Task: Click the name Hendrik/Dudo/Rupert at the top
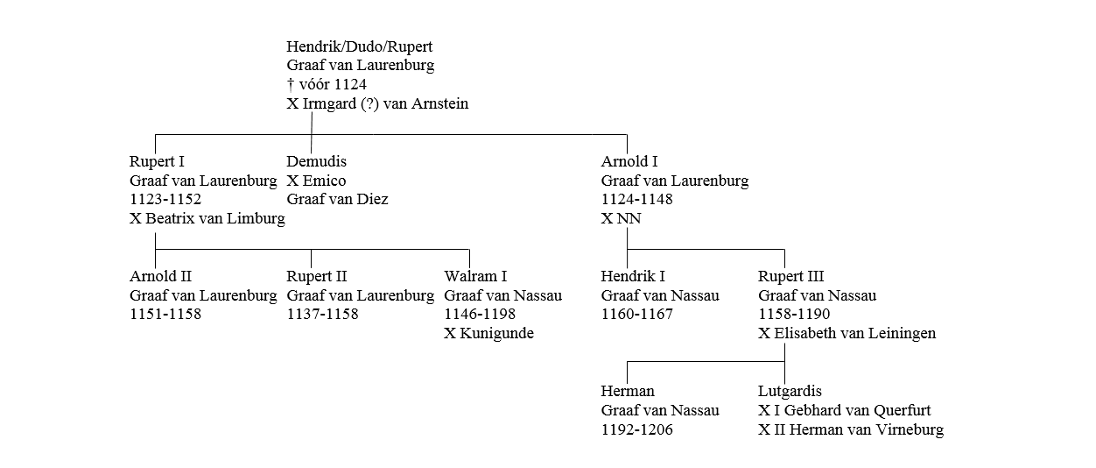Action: pyautogui.click(x=359, y=46)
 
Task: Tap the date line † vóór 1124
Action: pyautogui.click(x=327, y=85)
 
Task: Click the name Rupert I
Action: pyautogui.click(x=157, y=161)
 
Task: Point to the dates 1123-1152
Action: pyautogui.click(x=165, y=200)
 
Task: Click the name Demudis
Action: pyautogui.click(x=316, y=161)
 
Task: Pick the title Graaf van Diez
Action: pyautogui.click(x=337, y=200)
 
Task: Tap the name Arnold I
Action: pyautogui.click(x=629, y=161)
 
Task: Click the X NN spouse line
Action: pyautogui.click(x=621, y=219)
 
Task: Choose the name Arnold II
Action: pyautogui.click(x=160, y=276)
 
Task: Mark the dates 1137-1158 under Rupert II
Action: pyautogui.click(x=322, y=315)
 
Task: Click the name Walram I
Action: pyautogui.click(x=475, y=276)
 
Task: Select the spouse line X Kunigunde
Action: pyautogui.click(x=488, y=334)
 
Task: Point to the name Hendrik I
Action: pyautogui.click(x=633, y=276)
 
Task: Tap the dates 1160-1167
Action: pyautogui.click(x=636, y=315)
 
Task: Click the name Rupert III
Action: pyautogui.click(x=791, y=276)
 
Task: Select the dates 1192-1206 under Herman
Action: pyautogui.click(x=636, y=429)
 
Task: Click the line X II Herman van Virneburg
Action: pyautogui.click(x=851, y=429)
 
